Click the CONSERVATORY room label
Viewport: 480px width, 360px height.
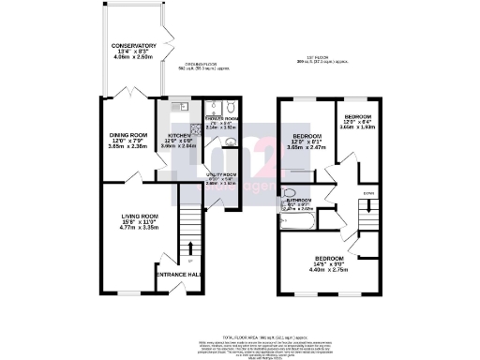[133, 45]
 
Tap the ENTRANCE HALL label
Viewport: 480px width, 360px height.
[179, 274]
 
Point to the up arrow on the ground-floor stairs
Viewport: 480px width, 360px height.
[191, 247]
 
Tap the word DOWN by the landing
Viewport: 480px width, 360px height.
[369, 195]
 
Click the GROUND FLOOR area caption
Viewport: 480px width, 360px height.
[203, 66]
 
